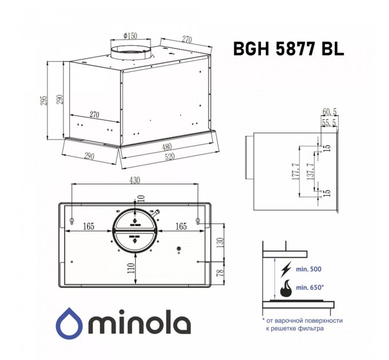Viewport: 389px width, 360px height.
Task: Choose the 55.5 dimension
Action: pos(329,123)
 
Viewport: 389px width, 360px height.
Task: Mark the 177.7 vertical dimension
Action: pos(295,171)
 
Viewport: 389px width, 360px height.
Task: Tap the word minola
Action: pos(137,325)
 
